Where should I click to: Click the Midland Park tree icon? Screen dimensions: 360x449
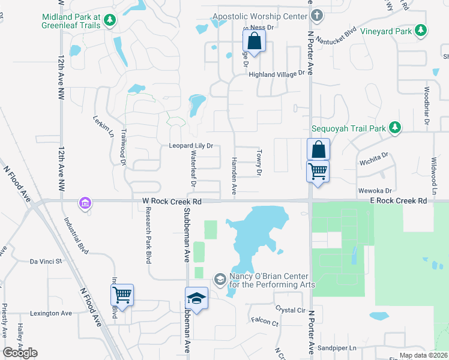pyautogui.click(x=109, y=22)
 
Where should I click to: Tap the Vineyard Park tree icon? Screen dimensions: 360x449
pyautogui.click(x=421, y=31)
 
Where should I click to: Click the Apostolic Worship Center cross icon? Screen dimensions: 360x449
pyautogui.click(x=318, y=16)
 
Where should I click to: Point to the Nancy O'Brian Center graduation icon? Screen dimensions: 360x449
pyautogui.click(x=220, y=279)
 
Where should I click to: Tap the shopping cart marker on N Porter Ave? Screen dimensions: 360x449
pyautogui.click(x=317, y=170)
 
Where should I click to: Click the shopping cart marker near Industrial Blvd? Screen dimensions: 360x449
pyautogui.click(x=122, y=295)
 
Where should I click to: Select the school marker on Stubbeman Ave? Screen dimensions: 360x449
pyautogui.click(x=197, y=297)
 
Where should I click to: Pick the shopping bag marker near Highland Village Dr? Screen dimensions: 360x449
pyautogui.click(x=254, y=41)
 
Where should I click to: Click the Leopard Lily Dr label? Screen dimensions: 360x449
pyautogui.click(x=191, y=146)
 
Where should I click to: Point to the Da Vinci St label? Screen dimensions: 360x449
pyautogui.click(x=46, y=262)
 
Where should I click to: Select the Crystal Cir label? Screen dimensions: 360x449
pyautogui.click(x=291, y=310)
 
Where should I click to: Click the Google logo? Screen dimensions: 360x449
pyautogui.click(x=20, y=353)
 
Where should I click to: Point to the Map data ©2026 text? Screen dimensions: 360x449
pyautogui.click(x=423, y=355)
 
